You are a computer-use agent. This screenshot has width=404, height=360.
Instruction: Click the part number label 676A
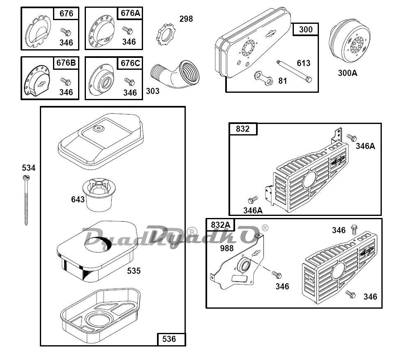[130, 13]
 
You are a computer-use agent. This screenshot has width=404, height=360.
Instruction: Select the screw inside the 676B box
[66, 82]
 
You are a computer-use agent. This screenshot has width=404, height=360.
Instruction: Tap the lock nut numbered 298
[165, 34]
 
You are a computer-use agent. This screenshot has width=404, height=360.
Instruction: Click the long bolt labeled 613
[294, 71]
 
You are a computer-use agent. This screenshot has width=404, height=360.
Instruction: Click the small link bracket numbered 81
[263, 78]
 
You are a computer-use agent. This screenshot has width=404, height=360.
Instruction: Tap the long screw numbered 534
[26, 200]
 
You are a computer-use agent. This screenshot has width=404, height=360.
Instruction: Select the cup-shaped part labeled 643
[99, 195]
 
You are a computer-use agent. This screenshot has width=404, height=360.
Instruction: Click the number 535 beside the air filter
[134, 271]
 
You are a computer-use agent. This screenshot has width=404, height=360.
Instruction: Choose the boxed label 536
[169, 339]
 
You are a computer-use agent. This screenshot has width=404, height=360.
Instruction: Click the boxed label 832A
[221, 225]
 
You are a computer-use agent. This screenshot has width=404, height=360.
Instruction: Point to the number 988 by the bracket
[227, 248]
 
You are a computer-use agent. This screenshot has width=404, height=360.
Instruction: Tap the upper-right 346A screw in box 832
[352, 138]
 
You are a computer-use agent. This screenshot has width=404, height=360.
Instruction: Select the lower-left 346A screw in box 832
[253, 200]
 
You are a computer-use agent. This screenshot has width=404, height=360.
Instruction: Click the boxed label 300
[306, 29]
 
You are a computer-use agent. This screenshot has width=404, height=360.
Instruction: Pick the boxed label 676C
[130, 63]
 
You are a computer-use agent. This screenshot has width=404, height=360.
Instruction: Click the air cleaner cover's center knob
[98, 128]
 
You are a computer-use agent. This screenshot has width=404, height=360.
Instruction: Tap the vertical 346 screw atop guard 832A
[354, 229]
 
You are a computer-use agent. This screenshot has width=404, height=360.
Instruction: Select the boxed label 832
[243, 128]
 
